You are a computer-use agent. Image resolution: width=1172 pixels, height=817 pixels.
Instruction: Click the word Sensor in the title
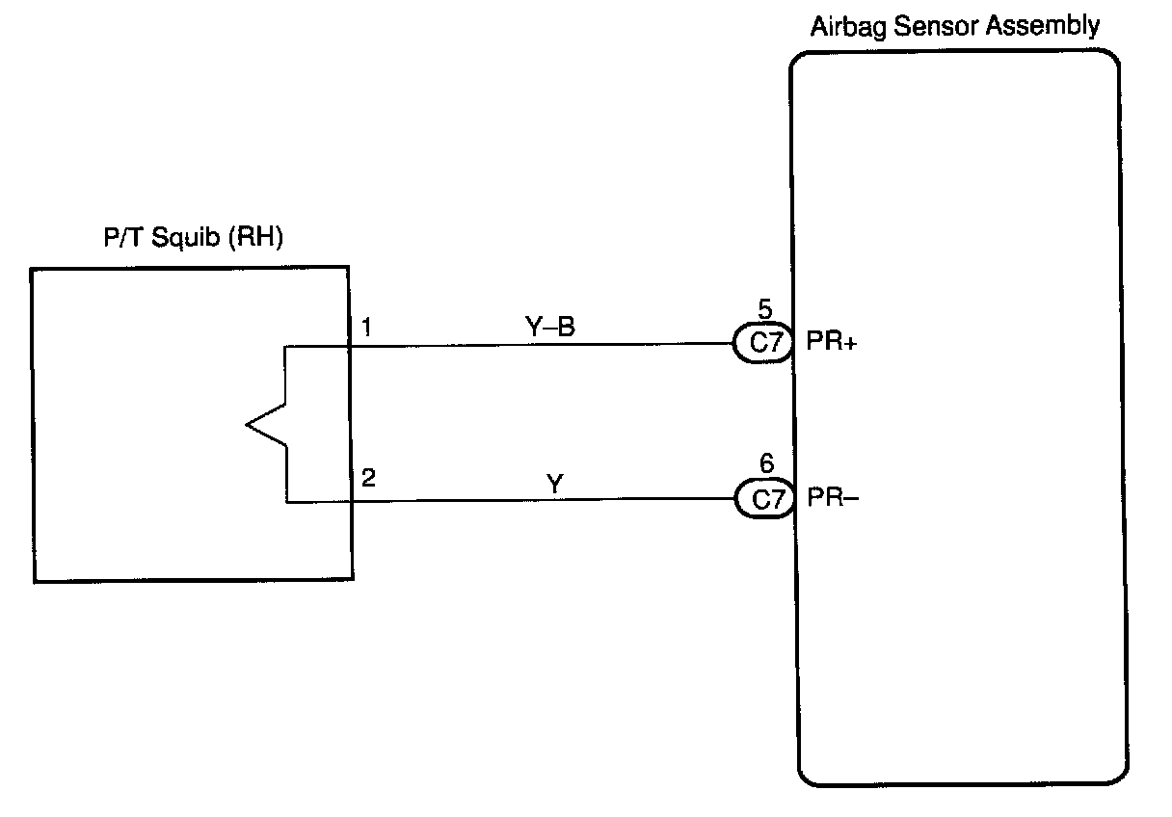936,25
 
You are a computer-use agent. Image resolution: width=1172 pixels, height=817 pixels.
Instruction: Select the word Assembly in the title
1042,26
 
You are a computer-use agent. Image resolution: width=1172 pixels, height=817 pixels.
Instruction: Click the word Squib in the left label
186,238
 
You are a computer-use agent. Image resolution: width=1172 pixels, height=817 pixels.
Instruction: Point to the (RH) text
255,237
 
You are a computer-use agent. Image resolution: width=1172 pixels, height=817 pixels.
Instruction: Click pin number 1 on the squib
366,327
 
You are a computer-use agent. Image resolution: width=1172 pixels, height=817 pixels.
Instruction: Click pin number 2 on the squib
368,478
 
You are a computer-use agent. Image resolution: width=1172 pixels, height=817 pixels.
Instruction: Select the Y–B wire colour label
550,327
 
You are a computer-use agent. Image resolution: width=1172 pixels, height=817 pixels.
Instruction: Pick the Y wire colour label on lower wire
554,484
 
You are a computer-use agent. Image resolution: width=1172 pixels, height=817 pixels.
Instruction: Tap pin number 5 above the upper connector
765,309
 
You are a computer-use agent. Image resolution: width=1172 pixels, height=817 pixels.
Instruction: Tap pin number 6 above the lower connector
766,463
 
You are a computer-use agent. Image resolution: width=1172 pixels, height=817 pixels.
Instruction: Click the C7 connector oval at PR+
763,343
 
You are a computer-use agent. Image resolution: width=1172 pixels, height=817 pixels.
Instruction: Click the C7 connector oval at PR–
765,498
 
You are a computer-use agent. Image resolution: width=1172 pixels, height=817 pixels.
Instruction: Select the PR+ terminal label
832,341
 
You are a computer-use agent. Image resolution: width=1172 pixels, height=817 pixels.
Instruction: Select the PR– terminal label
833,497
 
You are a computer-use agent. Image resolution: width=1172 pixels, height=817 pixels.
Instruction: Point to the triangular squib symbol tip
246,425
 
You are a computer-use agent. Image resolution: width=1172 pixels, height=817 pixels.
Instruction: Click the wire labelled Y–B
542,345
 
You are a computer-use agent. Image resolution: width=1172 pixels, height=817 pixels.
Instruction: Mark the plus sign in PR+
850,343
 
